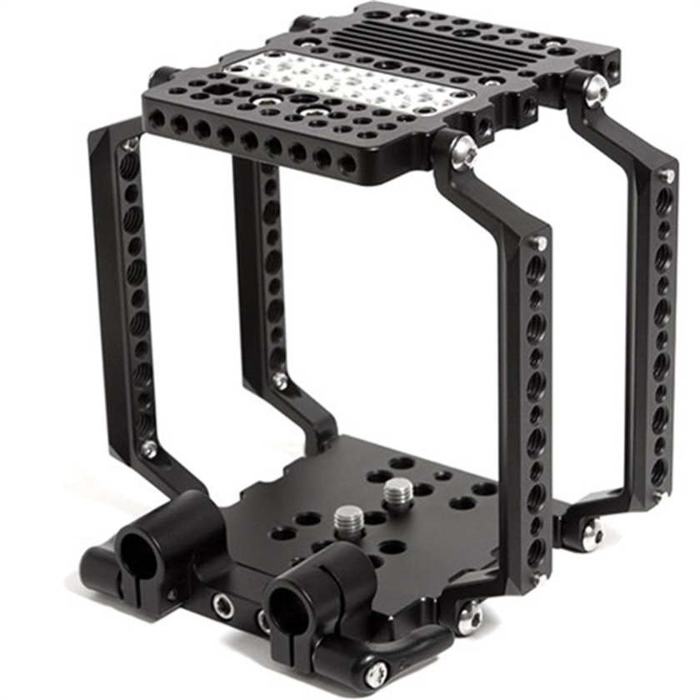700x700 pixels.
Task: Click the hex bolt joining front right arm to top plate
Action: tap(464, 152)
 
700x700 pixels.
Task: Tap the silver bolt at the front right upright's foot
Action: tap(470, 617)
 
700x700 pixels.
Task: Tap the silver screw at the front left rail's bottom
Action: tap(149, 450)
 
